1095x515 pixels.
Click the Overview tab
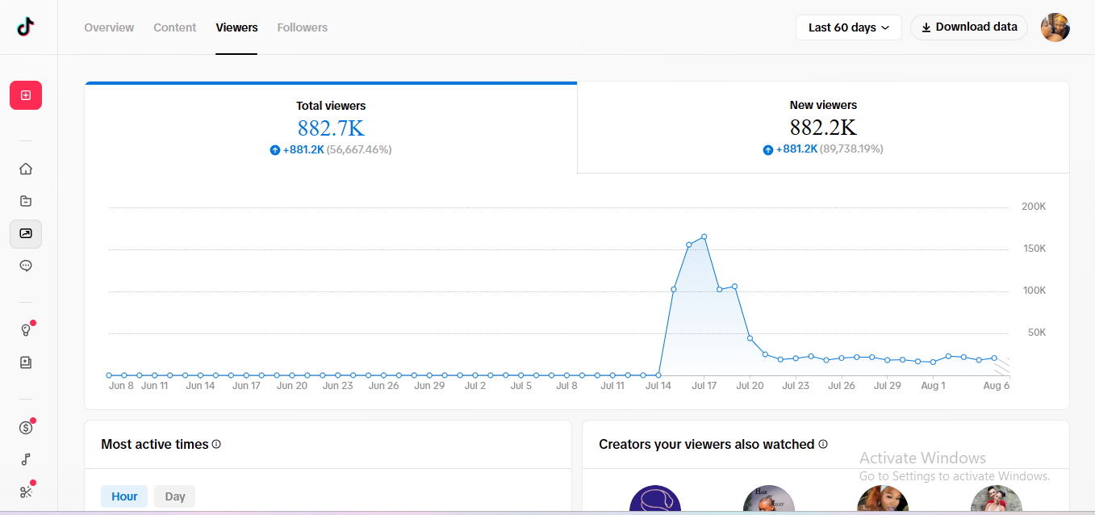[x=108, y=27]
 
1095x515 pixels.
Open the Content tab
[x=174, y=27]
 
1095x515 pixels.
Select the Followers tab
[x=302, y=27]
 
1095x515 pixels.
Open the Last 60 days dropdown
[x=849, y=27]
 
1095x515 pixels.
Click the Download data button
[x=969, y=27]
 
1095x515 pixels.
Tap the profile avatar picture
[x=1055, y=27]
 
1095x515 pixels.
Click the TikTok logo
[x=26, y=27]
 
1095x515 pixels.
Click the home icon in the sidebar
[x=26, y=169]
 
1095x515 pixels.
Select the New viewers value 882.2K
[x=823, y=128]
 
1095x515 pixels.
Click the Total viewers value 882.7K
[x=331, y=128]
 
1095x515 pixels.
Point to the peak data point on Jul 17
[x=704, y=237]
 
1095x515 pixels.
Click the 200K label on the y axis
[x=1034, y=207]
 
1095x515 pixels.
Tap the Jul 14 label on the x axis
[x=658, y=385]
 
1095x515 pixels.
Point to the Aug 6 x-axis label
[x=997, y=385]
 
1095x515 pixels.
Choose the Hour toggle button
[x=124, y=496]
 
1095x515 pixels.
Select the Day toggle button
[x=174, y=496]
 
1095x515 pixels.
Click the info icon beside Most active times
[x=216, y=444]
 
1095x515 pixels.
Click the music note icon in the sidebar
[x=26, y=459]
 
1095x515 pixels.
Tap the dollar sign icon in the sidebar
[x=26, y=428]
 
